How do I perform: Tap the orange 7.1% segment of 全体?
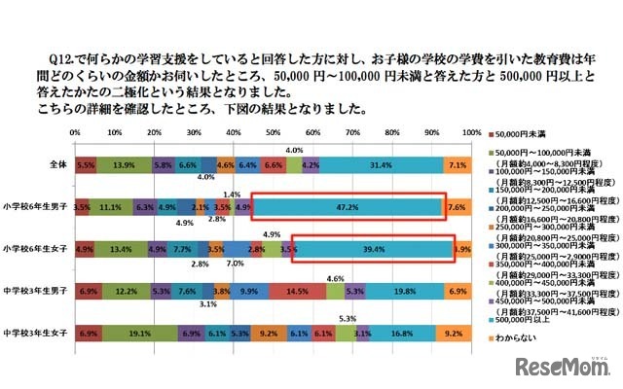coord(458,166)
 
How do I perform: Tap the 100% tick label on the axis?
coord(470,132)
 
